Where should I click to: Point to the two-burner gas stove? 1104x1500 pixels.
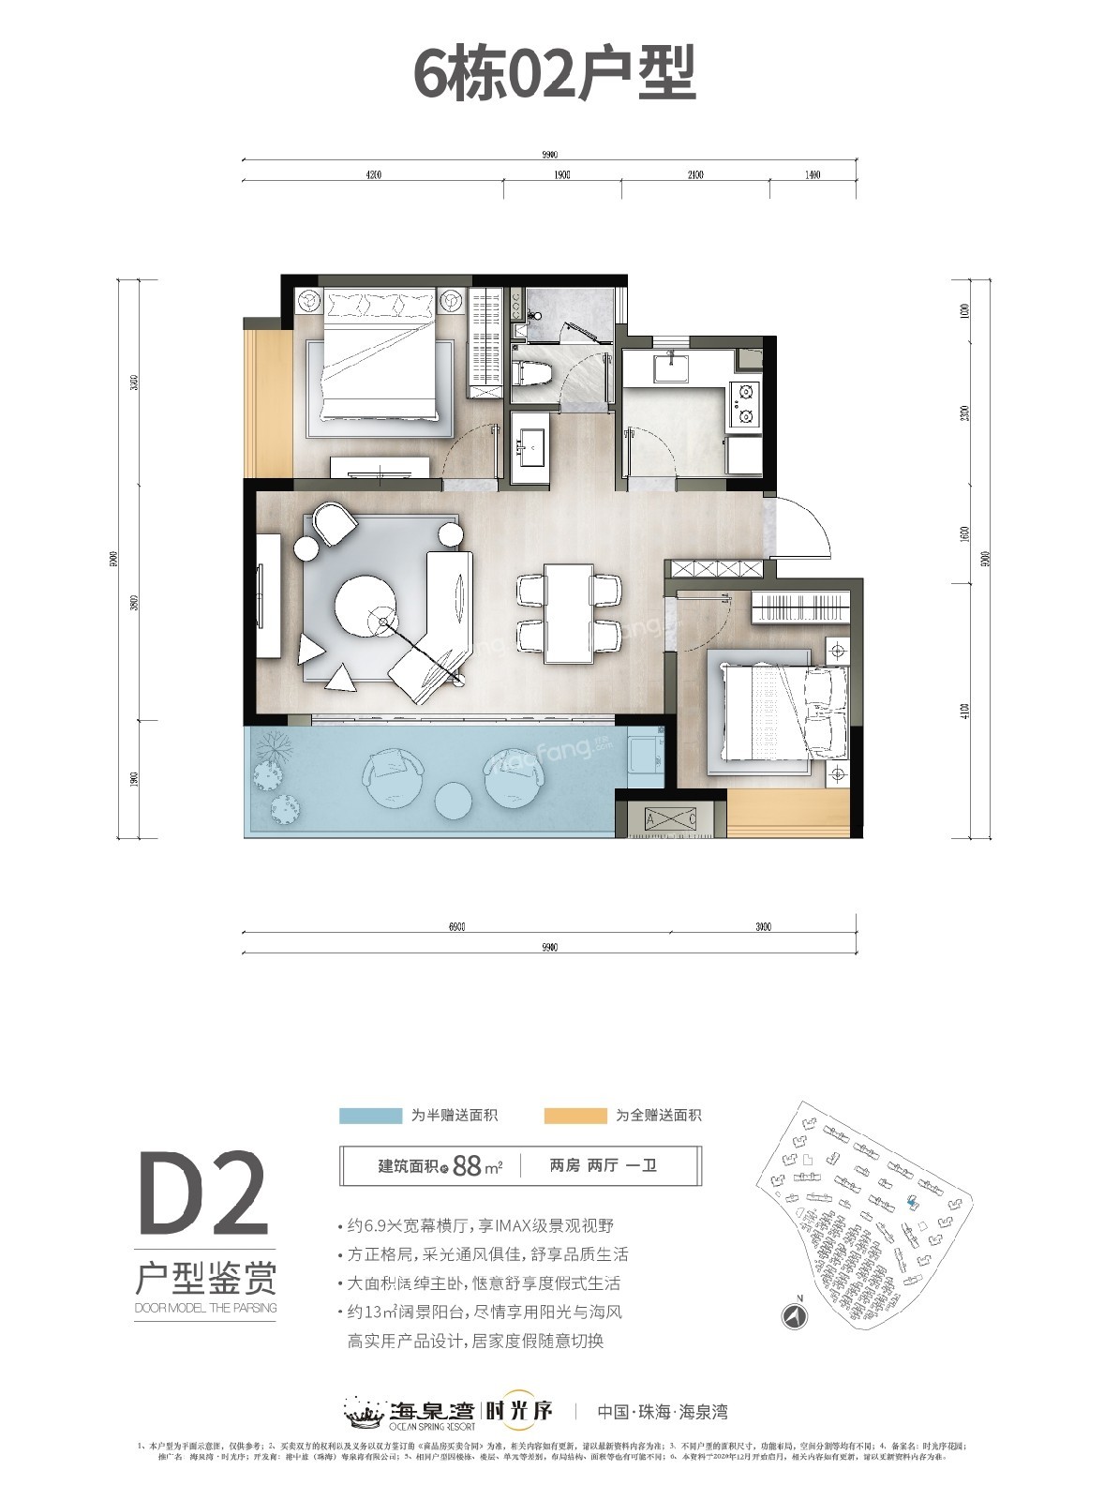click(x=746, y=404)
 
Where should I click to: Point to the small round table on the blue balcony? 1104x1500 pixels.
click(x=455, y=800)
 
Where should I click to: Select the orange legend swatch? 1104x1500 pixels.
click(x=574, y=1116)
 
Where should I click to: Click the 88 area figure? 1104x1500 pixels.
click(x=466, y=1166)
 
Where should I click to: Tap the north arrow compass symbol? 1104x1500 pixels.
click(x=795, y=1316)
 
